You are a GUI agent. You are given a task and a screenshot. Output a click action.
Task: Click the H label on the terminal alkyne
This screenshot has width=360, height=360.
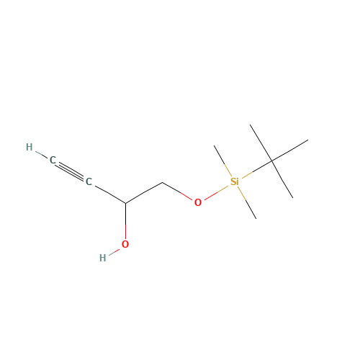pyautogui.click(x=30, y=147)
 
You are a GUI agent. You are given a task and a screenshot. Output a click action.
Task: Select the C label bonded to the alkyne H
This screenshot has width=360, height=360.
pyautogui.click(x=53, y=160)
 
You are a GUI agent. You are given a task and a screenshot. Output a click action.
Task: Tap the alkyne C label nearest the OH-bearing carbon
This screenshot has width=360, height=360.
pyautogui.click(x=89, y=181)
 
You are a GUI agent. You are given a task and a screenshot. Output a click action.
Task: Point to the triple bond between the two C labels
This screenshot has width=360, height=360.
pyautogui.click(x=71, y=171)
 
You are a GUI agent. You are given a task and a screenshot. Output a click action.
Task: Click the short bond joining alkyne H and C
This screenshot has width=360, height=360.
pyautogui.click(x=41, y=155)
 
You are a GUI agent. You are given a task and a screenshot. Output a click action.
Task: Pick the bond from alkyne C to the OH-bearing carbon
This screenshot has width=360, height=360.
pyautogui.click(x=109, y=194)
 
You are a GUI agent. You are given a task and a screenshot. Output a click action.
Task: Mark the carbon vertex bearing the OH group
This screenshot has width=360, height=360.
pyautogui.click(x=125, y=203)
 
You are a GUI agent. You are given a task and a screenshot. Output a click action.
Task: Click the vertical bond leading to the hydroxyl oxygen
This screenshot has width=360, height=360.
pyautogui.click(x=125, y=221)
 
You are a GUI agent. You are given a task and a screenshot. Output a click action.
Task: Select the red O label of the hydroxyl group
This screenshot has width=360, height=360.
pyautogui.click(x=125, y=244)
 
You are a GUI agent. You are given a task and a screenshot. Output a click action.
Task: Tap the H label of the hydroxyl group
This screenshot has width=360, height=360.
pyautogui.click(x=103, y=258)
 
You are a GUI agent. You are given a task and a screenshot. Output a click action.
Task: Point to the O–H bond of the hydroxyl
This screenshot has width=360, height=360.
pyautogui.click(x=114, y=252)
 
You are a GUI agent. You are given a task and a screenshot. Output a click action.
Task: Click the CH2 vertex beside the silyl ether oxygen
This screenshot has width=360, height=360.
pyautogui.click(x=162, y=183)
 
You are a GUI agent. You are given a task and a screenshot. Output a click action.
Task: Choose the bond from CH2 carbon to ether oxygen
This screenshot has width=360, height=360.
pyautogui.click(x=177, y=192)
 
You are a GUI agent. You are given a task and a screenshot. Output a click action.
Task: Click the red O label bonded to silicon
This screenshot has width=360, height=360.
pyautogui.click(x=198, y=202)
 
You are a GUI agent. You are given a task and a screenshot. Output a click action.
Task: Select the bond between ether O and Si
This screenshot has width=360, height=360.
pyautogui.click(x=216, y=193)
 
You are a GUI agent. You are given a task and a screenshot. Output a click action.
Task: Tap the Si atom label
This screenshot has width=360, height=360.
pyautogui.click(x=235, y=181)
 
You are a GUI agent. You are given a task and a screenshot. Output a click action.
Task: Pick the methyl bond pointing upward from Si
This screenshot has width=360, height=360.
pyautogui.click(x=223, y=161)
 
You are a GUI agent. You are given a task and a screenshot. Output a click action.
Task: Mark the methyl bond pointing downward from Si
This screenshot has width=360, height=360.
pyautogui.click(x=247, y=203)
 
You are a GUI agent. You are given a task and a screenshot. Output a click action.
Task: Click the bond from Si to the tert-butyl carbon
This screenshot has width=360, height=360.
pyautogui.click(x=257, y=169)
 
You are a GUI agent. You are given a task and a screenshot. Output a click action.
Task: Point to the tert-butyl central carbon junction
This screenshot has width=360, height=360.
pyautogui.click(x=271, y=161)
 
